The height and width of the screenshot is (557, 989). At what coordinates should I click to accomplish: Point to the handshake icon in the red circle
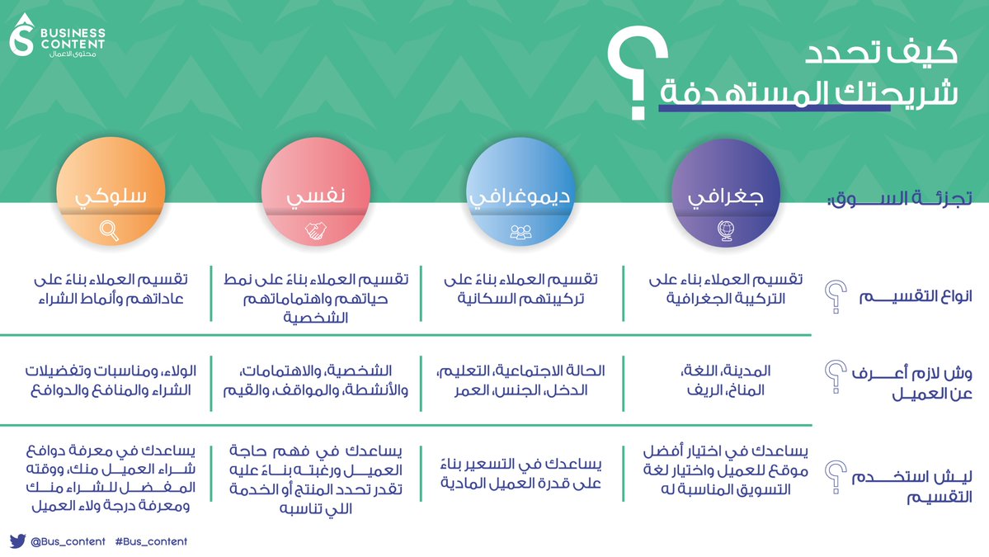pyautogui.click(x=314, y=232)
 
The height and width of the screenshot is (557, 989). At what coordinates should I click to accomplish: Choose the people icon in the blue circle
pyautogui.click(x=520, y=232)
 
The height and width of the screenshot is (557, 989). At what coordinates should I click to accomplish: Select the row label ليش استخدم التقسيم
pyautogui.click(x=914, y=487)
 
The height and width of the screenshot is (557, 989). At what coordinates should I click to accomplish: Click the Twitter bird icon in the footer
pyautogui.click(x=17, y=541)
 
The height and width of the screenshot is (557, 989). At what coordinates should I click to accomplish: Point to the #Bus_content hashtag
pyautogui.click(x=151, y=541)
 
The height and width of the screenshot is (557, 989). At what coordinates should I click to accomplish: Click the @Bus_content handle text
pyautogui.click(x=68, y=541)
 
